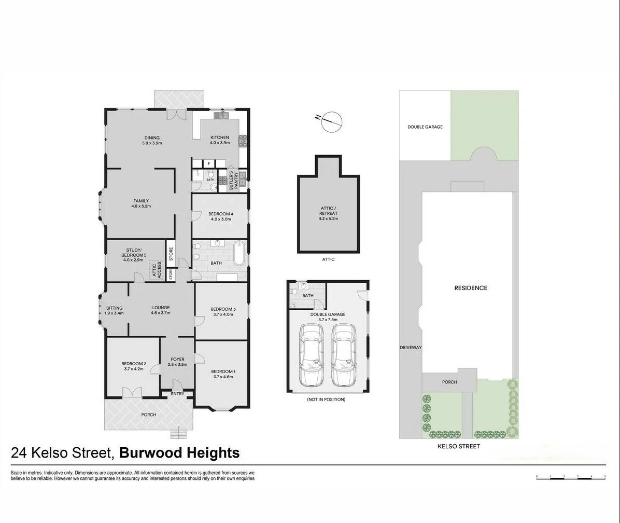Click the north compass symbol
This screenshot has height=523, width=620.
click(x=331, y=122)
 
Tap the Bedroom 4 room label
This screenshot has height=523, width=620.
click(x=221, y=214)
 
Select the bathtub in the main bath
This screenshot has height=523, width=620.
click(x=238, y=253)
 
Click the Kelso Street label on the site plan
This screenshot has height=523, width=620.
click(x=459, y=446)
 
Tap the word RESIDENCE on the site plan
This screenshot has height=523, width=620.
click(x=471, y=288)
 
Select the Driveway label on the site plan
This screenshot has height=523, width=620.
click(x=411, y=348)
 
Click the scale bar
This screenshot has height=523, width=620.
click(x=571, y=477)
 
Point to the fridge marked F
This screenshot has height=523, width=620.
click(x=209, y=163)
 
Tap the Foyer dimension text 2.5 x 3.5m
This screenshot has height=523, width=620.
click(x=177, y=365)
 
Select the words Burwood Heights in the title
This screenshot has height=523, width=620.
click(x=179, y=453)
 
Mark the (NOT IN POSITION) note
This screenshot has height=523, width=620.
click(x=326, y=400)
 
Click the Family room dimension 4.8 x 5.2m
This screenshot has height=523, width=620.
click(x=141, y=206)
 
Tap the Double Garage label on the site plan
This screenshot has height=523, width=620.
click(x=425, y=127)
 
